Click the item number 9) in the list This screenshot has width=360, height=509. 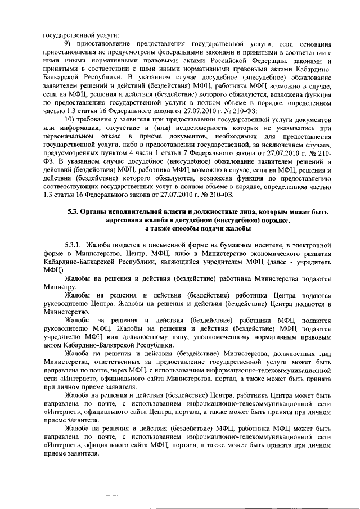pyautogui.click(x=68, y=43)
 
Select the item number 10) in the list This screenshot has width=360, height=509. pyautogui.click(x=70, y=122)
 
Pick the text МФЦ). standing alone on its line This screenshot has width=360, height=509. pyautogui.click(x=54, y=270)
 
